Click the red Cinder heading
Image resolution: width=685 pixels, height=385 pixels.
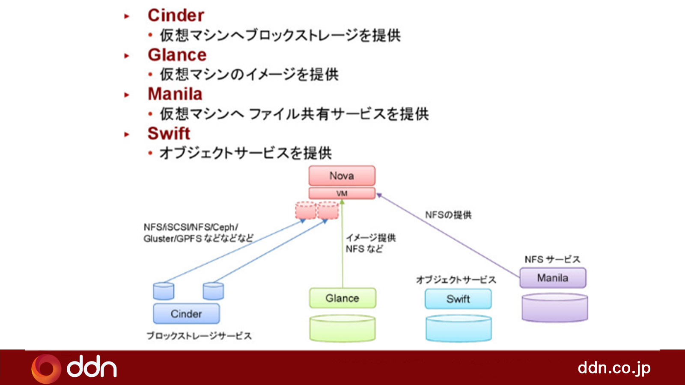coord(176,15)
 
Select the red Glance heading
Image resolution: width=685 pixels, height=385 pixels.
coord(177,55)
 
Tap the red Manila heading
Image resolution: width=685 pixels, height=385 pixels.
coord(175,94)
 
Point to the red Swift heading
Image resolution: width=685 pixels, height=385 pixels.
coord(169,133)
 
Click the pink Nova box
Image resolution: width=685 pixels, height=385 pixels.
coord(342,176)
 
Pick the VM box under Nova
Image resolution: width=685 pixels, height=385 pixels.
coord(342,193)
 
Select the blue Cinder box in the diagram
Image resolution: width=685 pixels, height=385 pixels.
coord(186,314)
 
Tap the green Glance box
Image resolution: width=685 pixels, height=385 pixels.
coord(342,298)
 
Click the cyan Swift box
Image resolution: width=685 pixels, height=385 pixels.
coord(458,299)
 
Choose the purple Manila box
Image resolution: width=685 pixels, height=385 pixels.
coord(553,278)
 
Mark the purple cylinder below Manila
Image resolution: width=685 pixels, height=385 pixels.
coord(554,308)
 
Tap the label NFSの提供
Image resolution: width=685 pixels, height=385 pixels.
coord(448,215)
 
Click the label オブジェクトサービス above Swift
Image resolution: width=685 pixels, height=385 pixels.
coord(456,280)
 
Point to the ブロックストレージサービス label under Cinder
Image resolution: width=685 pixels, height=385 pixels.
coord(199,336)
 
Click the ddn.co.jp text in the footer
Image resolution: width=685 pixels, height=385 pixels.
coord(614,368)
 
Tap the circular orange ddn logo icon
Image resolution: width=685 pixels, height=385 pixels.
coord(46,368)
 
